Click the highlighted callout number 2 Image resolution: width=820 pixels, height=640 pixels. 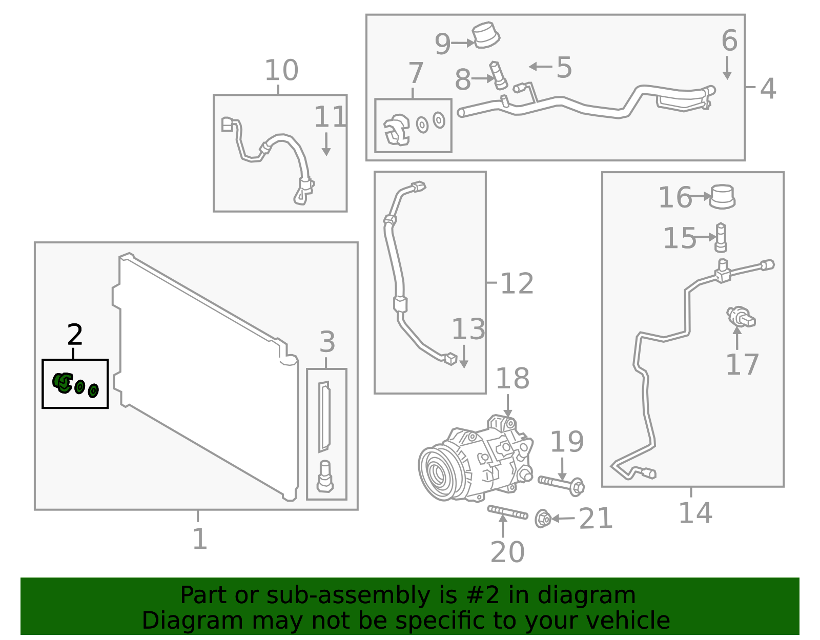(75, 335)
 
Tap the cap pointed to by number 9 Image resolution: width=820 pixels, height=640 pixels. (486, 35)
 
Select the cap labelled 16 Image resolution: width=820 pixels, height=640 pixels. (722, 196)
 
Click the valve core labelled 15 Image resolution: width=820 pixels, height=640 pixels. (721, 237)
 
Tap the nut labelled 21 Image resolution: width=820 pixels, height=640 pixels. (543, 519)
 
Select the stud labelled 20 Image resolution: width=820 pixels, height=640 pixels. (507, 512)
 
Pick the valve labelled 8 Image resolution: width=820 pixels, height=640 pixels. (498, 75)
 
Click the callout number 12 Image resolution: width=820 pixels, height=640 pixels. (517, 283)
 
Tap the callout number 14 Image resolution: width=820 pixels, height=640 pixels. (695, 513)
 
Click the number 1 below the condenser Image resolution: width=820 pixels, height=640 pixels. (199, 539)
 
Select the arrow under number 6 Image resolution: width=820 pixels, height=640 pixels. (727, 68)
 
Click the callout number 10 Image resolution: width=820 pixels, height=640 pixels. (281, 70)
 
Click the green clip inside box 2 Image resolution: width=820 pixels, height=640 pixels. (63, 382)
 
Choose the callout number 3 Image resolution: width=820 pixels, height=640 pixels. (327, 342)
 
